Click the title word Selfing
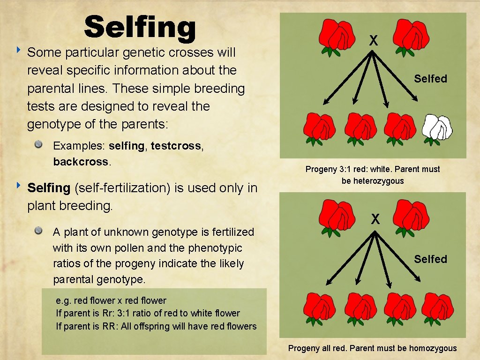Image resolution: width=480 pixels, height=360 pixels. coord(140,27)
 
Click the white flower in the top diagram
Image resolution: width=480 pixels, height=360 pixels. coord(437,127)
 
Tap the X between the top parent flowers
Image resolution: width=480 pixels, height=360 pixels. coord(373,41)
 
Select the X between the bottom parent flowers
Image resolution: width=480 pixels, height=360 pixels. coord(375,218)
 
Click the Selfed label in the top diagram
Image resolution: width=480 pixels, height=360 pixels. coord(430,79)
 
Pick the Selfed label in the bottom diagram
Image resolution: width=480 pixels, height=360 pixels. coord(430,259)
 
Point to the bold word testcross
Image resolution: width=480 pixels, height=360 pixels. coord(176,146)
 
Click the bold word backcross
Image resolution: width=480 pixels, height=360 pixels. coord(80,162)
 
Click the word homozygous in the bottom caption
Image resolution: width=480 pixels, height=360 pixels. coord(433,348)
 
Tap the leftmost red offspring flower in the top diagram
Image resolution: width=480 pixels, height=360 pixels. coord(319,127)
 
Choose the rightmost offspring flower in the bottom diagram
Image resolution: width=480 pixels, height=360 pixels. coord(437,307)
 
